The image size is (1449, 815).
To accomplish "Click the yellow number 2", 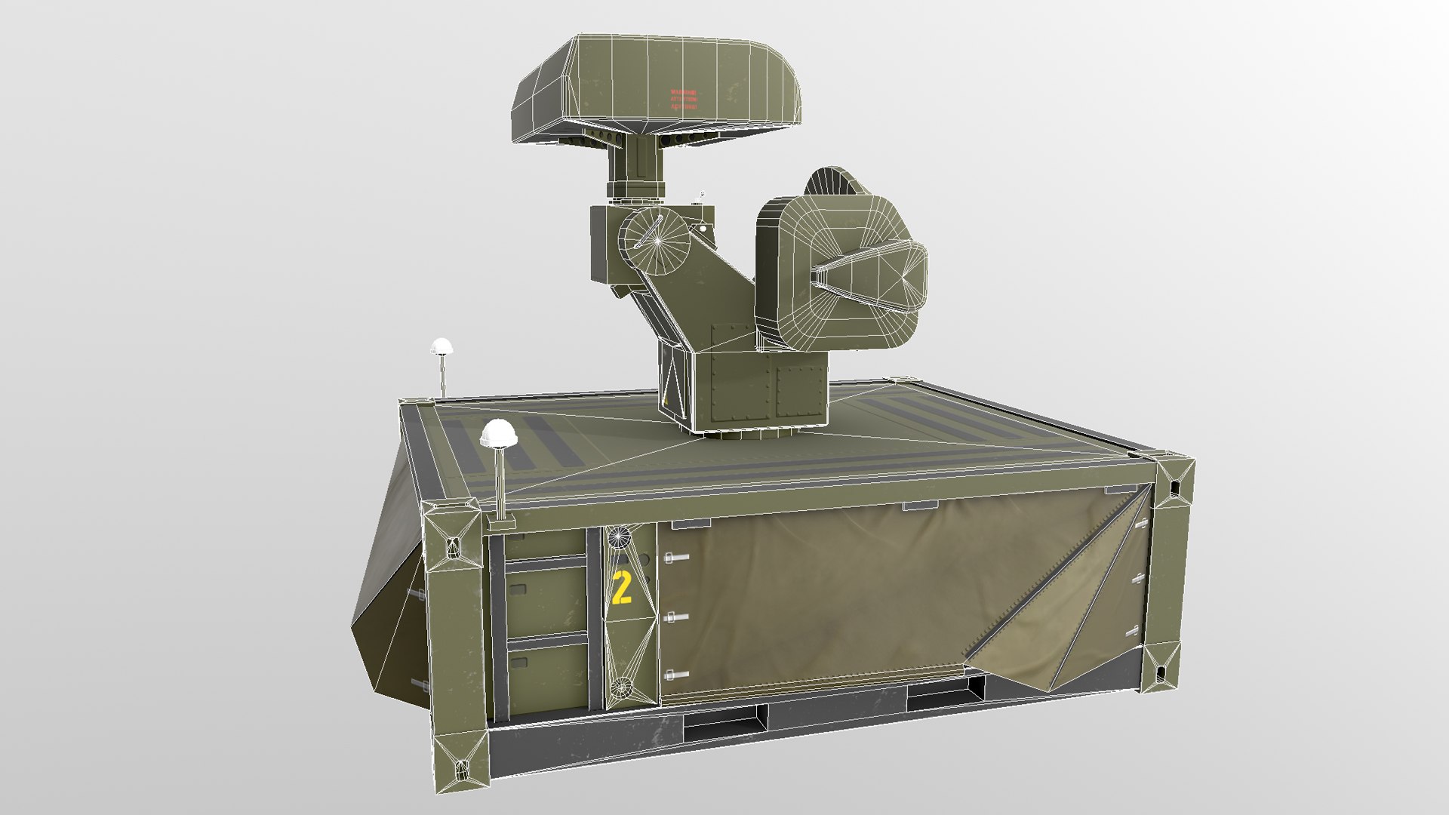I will [622, 589].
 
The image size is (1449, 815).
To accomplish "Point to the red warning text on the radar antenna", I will [684, 100].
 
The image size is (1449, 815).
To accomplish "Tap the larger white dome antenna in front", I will [498, 434].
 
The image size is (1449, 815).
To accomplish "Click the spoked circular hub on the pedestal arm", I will [657, 241].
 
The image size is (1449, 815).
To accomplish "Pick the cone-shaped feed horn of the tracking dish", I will [868, 275].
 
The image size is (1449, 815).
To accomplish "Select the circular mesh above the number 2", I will [619, 537].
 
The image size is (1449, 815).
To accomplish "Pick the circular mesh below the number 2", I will [621, 687].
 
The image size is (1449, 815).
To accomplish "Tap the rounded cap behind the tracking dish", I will [834, 181].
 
